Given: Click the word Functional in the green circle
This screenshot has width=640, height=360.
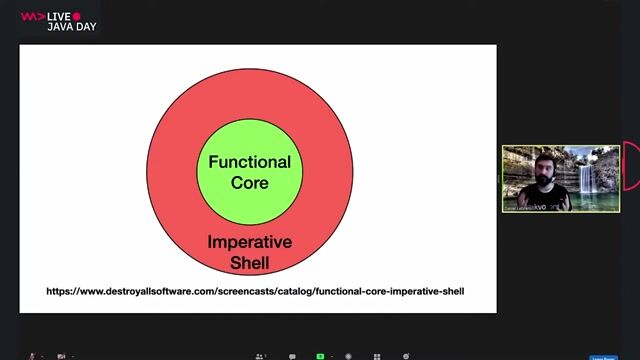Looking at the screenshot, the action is (x=249, y=162).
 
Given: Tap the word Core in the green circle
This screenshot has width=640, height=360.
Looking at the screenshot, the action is (x=249, y=183).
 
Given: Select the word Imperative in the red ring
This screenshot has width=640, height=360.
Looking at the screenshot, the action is (x=249, y=242).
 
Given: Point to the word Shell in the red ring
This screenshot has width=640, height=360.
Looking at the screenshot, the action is (x=249, y=263).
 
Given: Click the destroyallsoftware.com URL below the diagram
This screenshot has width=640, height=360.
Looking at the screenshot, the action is (x=255, y=291).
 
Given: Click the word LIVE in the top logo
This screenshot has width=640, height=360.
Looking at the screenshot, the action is (x=59, y=16).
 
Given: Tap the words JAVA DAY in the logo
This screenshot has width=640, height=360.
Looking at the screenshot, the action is (x=69, y=27).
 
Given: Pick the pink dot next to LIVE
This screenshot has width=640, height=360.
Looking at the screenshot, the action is (x=77, y=16).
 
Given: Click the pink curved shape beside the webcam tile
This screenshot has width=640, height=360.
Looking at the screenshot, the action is (x=630, y=166).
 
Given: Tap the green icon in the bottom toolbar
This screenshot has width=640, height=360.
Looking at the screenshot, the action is (x=320, y=355).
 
